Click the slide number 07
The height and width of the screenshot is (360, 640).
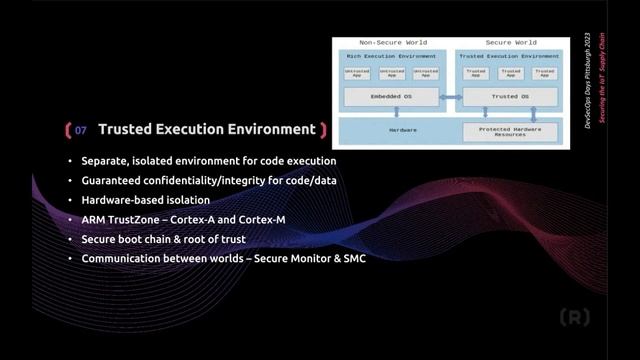[x=81, y=130]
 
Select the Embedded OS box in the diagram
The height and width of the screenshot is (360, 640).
[x=391, y=97]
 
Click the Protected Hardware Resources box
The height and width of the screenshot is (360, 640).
[x=511, y=132]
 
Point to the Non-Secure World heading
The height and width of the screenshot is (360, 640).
[x=392, y=43]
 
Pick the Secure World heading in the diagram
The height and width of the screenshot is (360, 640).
[x=511, y=43]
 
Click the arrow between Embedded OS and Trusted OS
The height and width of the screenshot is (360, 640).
[x=451, y=97]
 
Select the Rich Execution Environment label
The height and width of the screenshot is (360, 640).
[x=391, y=56]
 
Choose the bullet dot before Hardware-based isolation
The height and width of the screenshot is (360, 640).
[x=70, y=199]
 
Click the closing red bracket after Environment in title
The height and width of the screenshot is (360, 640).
[x=323, y=130]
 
